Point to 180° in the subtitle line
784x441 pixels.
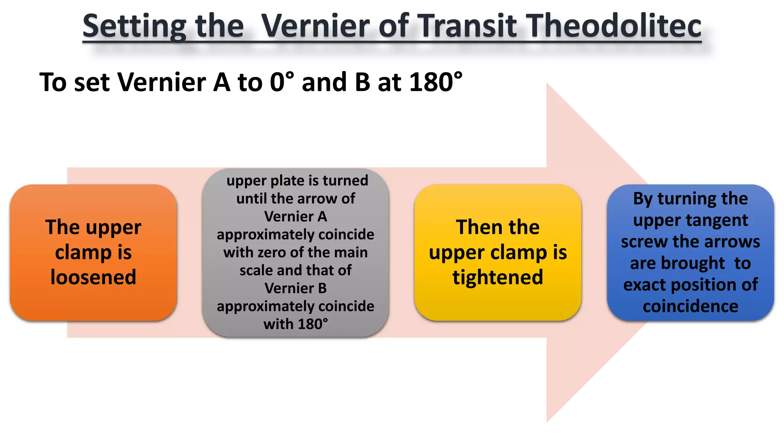(x=436, y=82)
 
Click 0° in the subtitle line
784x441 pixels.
(x=282, y=82)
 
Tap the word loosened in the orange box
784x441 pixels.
(x=93, y=277)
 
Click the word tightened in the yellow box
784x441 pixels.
(x=498, y=277)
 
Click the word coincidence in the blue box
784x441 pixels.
(x=690, y=306)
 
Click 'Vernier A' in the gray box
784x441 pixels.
(x=296, y=217)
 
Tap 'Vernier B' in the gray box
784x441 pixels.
(x=296, y=288)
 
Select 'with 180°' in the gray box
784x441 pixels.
(x=296, y=324)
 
